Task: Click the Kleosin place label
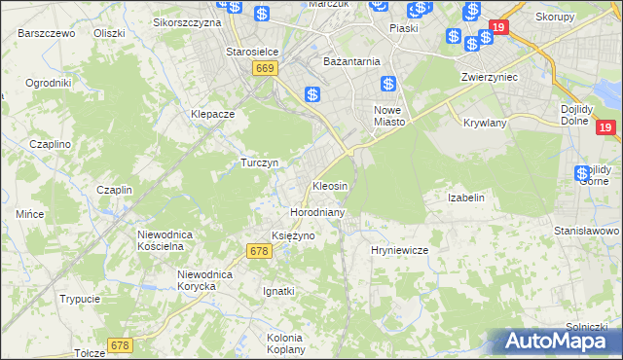(329, 185)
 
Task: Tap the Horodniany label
(313, 211)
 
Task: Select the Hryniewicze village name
(399, 250)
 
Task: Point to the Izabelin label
(465, 198)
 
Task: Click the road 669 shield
(266, 68)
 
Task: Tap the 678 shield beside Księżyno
(258, 251)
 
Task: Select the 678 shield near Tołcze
(120, 345)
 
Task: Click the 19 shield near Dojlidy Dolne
(605, 127)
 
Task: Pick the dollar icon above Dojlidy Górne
(582, 172)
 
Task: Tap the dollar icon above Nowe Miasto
(388, 84)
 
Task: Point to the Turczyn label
(260, 162)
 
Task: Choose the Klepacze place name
(213, 114)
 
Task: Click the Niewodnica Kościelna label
(173, 240)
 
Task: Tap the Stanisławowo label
(586, 231)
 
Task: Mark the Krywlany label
(484, 124)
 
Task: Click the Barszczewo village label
(46, 32)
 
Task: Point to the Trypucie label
(80, 299)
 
